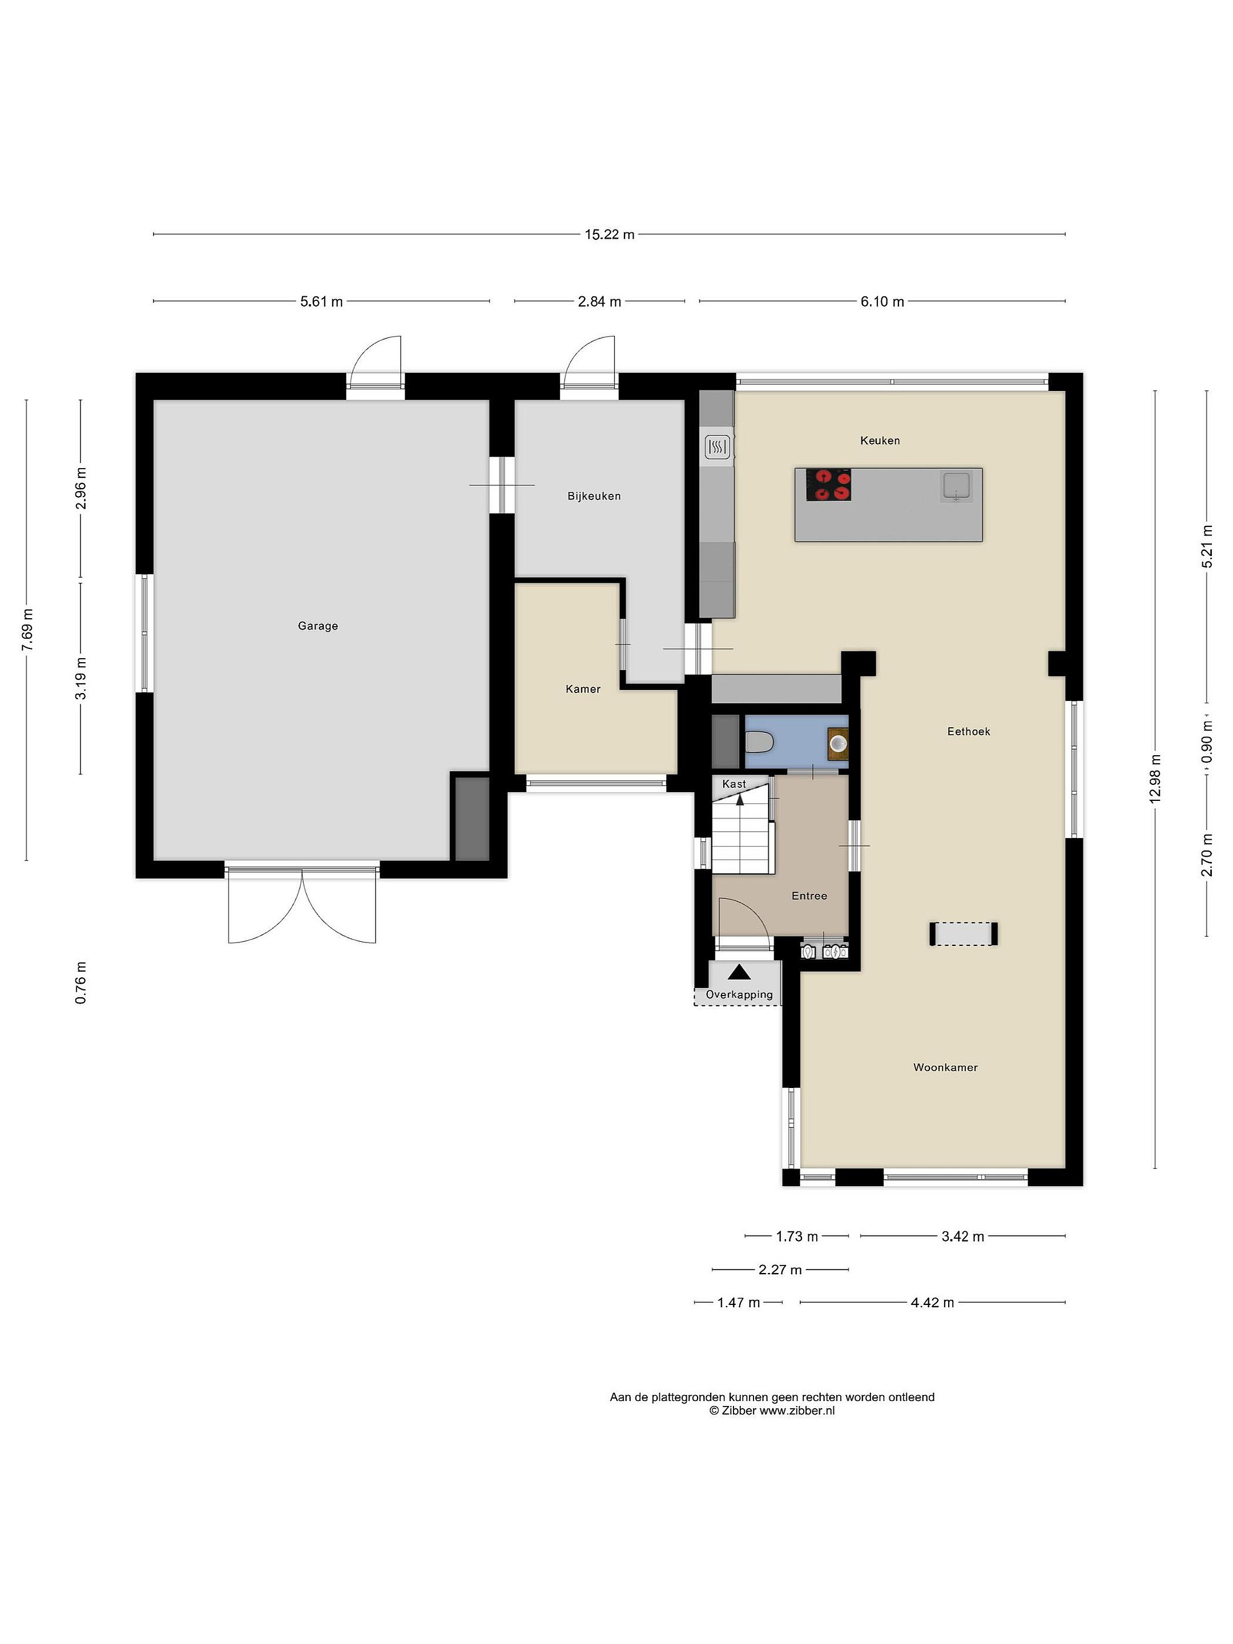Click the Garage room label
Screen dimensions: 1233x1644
(x=318, y=626)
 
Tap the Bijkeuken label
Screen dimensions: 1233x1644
(x=594, y=495)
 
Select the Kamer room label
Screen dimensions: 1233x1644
(x=583, y=689)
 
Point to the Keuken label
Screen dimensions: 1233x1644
(x=880, y=441)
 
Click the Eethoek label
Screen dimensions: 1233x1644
(x=968, y=731)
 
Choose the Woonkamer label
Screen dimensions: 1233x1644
(x=945, y=1067)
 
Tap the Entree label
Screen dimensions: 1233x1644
(x=809, y=896)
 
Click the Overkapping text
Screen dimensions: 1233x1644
(x=739, y=994)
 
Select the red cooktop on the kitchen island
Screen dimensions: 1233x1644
(x=829, y=485)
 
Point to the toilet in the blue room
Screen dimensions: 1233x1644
(x=759, y=742)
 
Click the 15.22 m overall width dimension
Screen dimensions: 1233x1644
(x=610, y=234)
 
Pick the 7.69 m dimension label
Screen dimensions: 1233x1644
(x=27, y=630)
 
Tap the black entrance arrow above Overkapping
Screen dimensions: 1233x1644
(x=739, y=972)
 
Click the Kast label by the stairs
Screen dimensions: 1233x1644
(x=734, y=784)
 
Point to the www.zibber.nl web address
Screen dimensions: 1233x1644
(x=797, y=1411)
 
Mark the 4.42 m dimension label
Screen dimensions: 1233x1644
(x=932, y=1303)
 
